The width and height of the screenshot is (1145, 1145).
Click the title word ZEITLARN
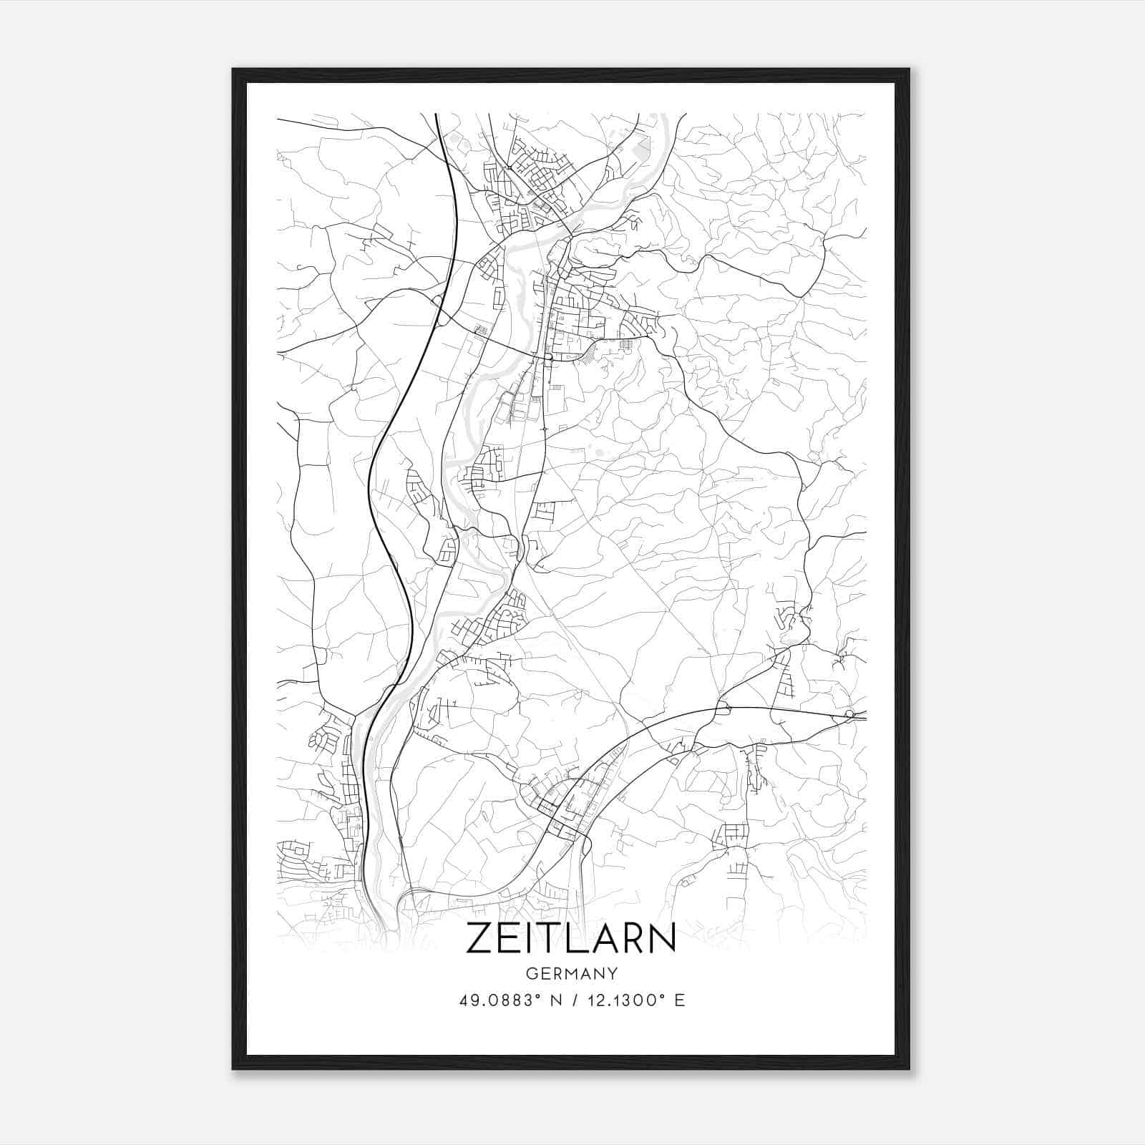pyautogui.click(x=571, y=937)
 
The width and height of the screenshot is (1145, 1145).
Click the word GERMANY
pyautogui.click(x=571, y=974)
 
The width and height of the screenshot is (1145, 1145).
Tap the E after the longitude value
pyautogui.click(x=680, y=1000)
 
